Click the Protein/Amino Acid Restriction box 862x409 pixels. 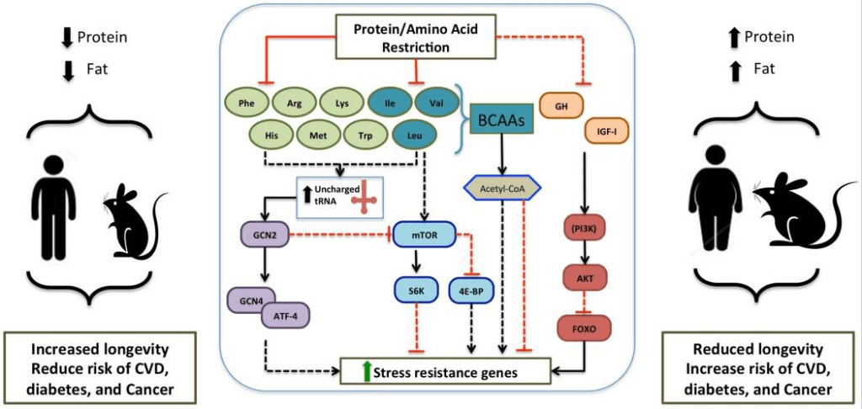(x=412, y=37)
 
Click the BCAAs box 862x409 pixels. (x=503, y=121)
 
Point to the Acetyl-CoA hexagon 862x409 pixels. (x=502, y=189)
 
